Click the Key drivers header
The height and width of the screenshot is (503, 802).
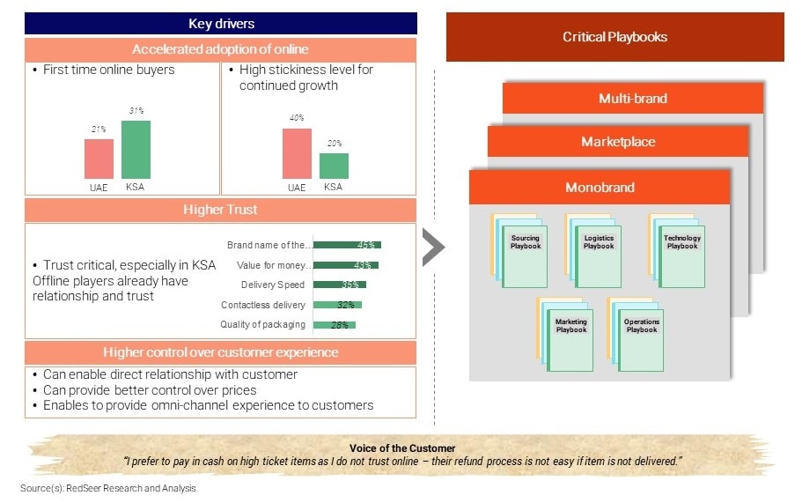click(221, 24)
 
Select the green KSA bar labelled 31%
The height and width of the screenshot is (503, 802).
click(136, 150)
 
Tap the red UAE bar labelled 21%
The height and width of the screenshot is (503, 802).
click(99, 159)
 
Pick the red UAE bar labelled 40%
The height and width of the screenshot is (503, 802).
click(297, 153)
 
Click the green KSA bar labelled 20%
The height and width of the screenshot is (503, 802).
click(334, 166)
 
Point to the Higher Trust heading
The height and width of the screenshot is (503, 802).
click(220, 210)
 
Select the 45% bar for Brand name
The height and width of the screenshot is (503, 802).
click(347, 245)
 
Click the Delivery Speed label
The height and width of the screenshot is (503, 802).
click(273, 285)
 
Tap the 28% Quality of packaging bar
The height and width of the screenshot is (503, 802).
click(335, 325)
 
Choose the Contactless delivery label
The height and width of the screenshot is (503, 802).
click(263, 305)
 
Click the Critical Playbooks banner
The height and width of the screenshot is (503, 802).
click(614, 37)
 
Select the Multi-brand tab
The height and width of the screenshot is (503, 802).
click(633, 99)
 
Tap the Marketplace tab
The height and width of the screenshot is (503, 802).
click(618, 142)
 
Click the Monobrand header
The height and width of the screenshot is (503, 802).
click(600, 188)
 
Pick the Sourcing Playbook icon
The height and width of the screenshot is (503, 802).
click(519, 251)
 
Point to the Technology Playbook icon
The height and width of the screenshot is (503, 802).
click(677, 251)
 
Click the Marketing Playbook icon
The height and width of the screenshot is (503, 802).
click(564, 335)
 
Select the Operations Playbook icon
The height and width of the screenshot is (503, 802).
click(636, 335)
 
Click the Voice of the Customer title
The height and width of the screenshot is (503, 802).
click(402, 448)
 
